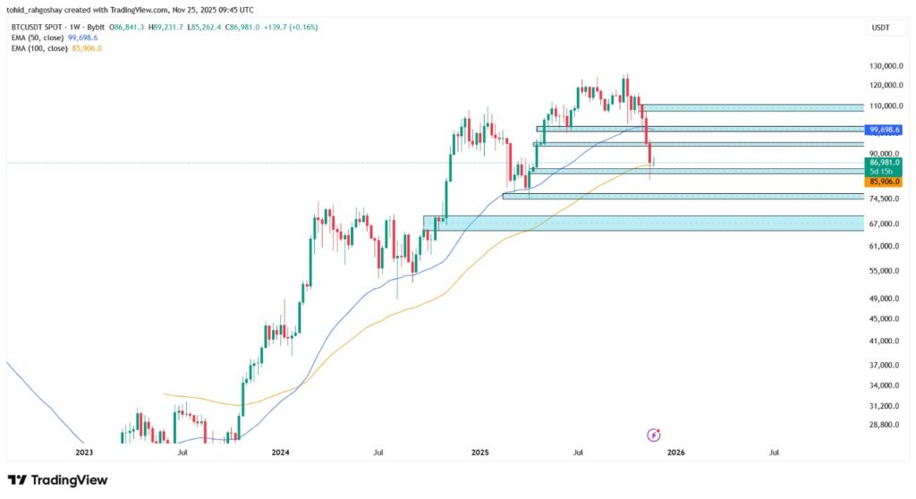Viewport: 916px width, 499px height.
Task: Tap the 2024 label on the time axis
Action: [280, 453]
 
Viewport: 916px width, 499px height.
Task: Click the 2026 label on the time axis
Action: [675, 453]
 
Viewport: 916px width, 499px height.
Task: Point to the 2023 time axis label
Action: [83, 453]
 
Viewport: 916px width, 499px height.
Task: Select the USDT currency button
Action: [881, 29]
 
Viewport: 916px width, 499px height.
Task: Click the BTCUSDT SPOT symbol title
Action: [38, 28]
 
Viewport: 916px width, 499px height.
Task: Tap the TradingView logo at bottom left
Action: [57, 480]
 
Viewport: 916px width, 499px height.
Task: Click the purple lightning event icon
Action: [653, 435]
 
